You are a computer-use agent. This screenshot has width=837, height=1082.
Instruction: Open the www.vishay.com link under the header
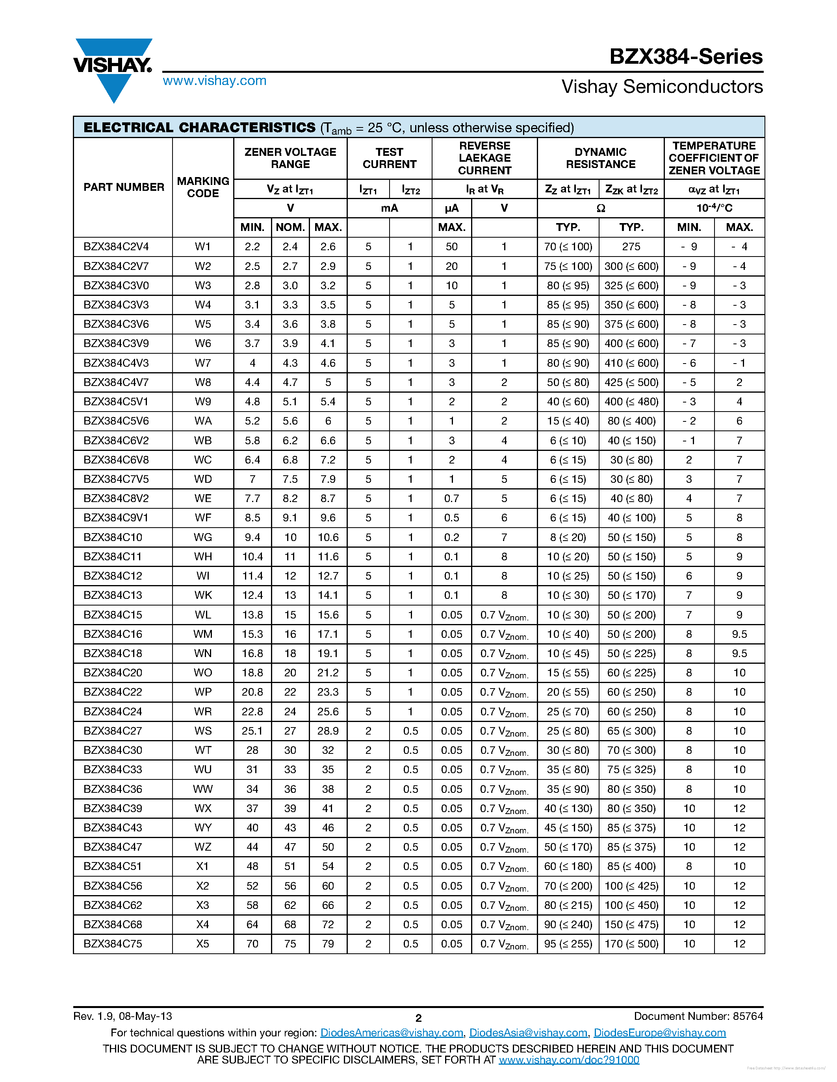click(214, 81)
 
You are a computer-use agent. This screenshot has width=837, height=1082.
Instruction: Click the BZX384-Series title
click(686, 57)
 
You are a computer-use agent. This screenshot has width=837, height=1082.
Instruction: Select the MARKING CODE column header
click(203, 187)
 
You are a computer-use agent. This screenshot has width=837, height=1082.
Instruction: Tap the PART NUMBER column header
click(123, 187)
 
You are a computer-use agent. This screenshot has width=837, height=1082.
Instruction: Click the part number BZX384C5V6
click(116, 421)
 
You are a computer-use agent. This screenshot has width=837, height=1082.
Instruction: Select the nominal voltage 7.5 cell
click(290, 479)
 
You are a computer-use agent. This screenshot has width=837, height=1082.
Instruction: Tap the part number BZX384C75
click(113, 944)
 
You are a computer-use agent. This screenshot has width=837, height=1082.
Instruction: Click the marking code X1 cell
click(203, 866)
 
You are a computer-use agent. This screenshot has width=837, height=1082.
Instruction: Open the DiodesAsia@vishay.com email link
click(528, 1032)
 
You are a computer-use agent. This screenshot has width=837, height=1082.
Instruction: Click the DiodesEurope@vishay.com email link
click(659, 1032)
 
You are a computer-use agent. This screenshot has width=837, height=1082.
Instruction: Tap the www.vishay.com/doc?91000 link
click(569, 1060)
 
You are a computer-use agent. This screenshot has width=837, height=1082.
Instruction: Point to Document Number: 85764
click(698, 1016)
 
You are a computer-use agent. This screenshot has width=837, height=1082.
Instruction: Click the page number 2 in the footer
click(418, 1018)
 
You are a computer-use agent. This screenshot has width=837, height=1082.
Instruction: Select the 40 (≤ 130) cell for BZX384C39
click(568, 809)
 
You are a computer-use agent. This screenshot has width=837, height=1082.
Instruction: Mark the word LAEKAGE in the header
click(484, 158)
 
